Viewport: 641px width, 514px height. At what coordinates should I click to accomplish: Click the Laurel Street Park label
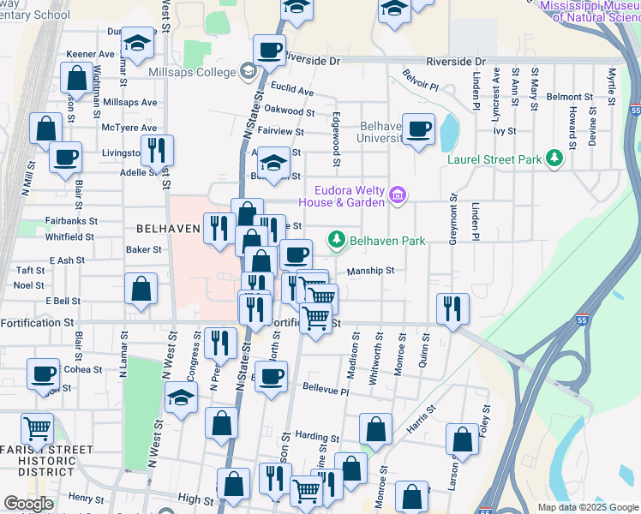click(495, 158)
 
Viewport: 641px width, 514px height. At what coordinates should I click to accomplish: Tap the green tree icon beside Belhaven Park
click(338, 241)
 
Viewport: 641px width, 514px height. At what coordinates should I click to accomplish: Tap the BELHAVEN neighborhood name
click(168, 229)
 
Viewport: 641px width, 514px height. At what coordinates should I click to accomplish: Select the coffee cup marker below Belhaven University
click(418, 129)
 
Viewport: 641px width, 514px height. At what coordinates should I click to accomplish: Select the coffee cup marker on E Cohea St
click(43, 374)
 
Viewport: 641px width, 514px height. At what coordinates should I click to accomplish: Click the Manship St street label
click(370, 271)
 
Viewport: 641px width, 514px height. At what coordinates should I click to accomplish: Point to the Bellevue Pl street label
click(326, 391)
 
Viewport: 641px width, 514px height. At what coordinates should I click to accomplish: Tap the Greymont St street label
click(452, 220)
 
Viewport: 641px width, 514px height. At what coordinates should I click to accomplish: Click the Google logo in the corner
click(28, 504)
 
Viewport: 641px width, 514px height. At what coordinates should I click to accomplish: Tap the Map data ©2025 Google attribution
click(587, 507)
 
